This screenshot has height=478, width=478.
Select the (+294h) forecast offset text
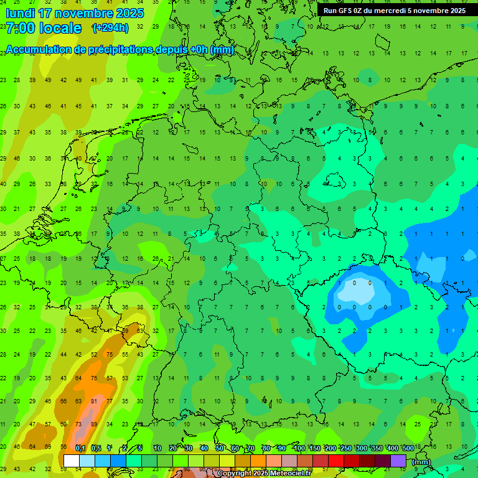click(110, 27)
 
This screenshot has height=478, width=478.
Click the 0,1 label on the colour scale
click(80, 448)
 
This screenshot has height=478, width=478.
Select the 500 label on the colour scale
click(408, 448)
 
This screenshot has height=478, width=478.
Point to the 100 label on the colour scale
click(299, 448)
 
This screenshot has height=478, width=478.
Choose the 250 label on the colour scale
click(346, 448)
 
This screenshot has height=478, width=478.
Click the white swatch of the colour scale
click(71, 461)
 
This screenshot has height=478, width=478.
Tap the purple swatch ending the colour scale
click(398, 461)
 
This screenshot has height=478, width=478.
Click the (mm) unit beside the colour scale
click(422, 462)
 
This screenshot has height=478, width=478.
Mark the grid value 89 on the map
click(93, 424)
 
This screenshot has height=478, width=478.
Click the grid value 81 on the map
click(93, 401)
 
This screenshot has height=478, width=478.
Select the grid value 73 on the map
click(78, 424)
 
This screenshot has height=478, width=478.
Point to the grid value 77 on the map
click(109, 401)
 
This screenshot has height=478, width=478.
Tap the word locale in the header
click(60, 28)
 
